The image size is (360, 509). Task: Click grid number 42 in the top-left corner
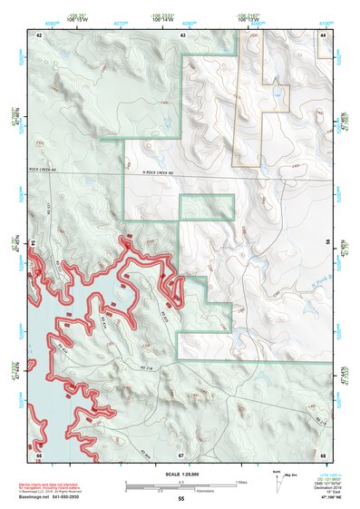point(39,34)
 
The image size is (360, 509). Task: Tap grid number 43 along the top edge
point(183,34)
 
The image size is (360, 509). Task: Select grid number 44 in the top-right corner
point(324,34)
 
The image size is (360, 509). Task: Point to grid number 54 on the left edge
point(35,244)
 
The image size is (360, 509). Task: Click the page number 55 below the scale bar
point(180,499)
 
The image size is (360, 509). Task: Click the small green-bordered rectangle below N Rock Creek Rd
point(207,207)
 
